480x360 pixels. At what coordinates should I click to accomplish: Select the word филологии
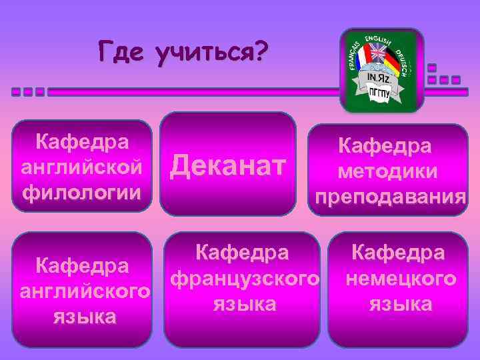[x=82, y=193]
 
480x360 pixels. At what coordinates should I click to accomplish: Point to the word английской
[x=82, y=167]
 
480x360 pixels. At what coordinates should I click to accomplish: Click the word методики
[x=387, y=171]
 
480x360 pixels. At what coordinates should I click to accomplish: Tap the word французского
[x=245, y=278]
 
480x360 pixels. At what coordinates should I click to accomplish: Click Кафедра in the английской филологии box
[x=82, y=142]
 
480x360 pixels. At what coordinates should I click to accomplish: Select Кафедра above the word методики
[x=385, y=146]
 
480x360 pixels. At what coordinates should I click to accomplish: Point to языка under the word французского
[x=245, y=304]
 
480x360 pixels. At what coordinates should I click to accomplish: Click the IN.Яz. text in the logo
[x=381, y=79]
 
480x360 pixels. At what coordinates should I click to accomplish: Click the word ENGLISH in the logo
[x=381, y=39]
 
